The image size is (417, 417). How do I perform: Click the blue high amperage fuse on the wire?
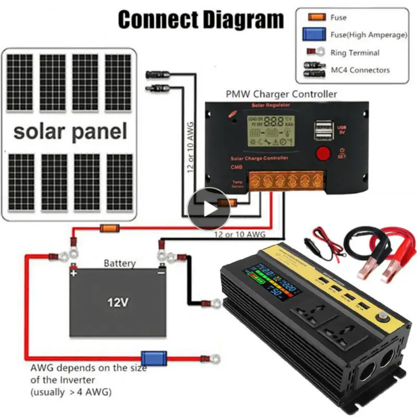155,358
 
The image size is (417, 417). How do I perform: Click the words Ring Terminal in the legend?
355,53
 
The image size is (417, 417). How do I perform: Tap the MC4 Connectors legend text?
360,70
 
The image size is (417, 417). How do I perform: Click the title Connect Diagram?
201,20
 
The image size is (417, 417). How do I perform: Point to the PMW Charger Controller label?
281,94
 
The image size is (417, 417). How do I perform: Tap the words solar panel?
70,131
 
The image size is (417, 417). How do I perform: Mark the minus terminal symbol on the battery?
161,272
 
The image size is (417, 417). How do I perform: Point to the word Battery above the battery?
119,263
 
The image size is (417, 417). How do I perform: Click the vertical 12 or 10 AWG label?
190,147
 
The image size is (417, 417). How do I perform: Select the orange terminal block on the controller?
286,180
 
